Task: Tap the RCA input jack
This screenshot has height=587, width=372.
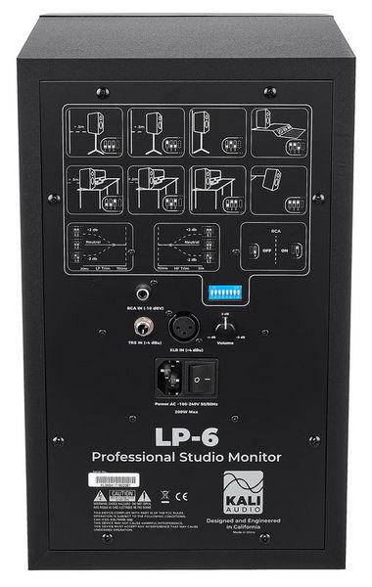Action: (x=145, y=292)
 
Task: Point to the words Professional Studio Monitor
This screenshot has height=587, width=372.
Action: (x=186, y=457)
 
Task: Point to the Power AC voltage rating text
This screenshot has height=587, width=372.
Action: (x=186, y=403)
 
